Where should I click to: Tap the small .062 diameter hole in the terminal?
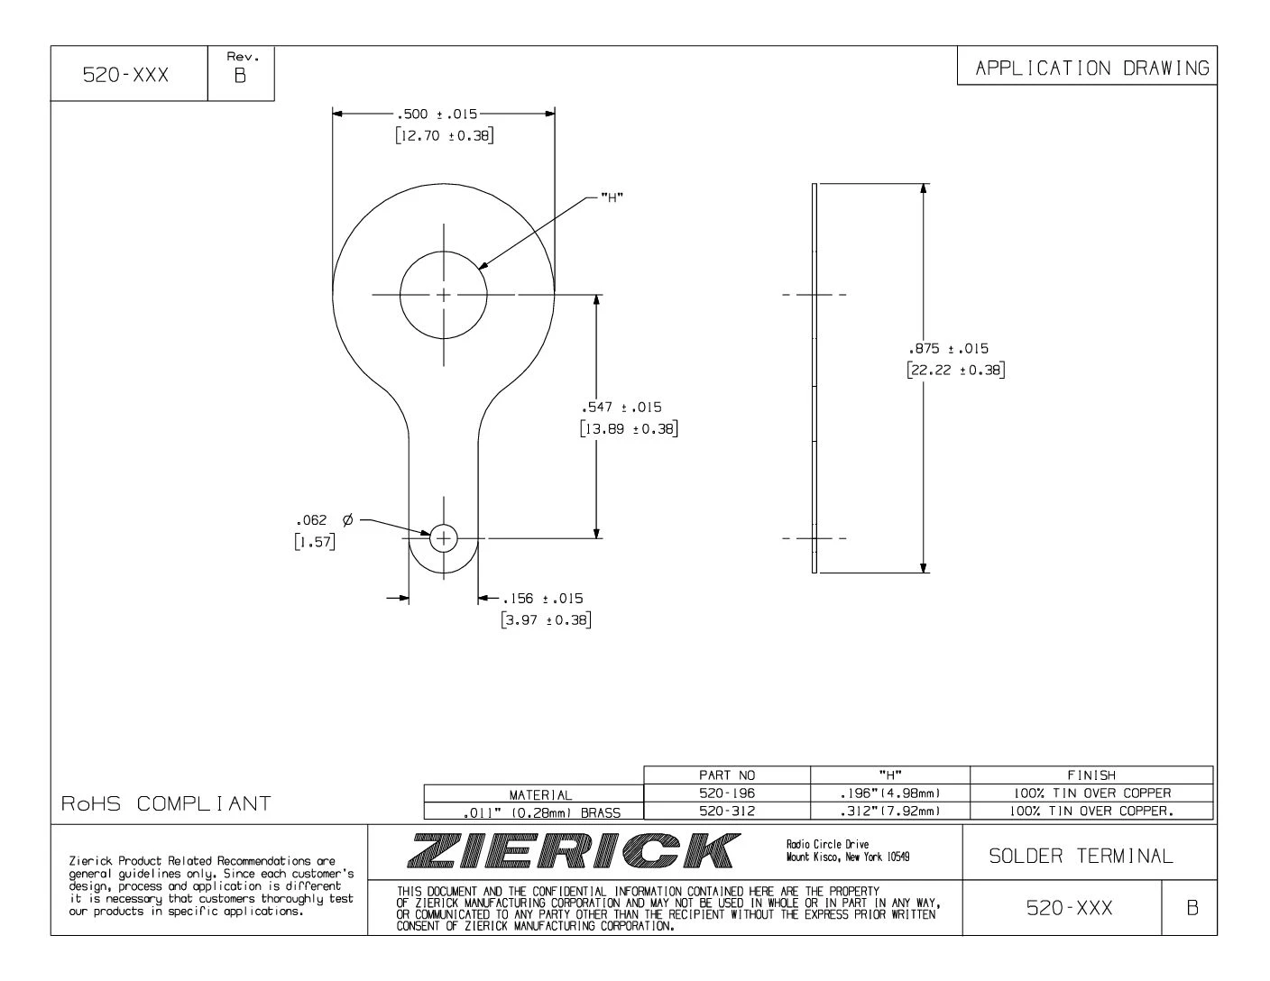tap(443, 538)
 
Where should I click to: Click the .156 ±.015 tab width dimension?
tap(544, 599)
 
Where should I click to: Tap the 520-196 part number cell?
tap(727, 793)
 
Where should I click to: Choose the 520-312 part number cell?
tap(727, 811)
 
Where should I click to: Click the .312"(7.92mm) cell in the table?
tap(890, 811)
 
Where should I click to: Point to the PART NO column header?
tap(727, 775)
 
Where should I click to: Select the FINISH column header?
tap(1091, 775)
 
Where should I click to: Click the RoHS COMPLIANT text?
tap(167, 802)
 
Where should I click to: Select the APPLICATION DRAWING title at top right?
tap(1091, 68)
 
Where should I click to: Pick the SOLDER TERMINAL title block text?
tap(1081, 856)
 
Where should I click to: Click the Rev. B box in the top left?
tap(240, 69)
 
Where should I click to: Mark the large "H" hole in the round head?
tap(443, 294)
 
